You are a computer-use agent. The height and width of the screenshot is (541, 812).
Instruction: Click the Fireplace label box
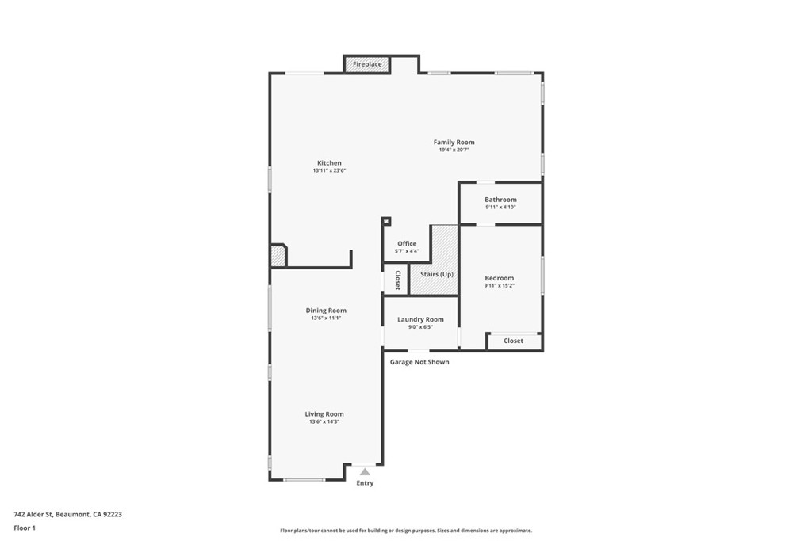pos(367,64)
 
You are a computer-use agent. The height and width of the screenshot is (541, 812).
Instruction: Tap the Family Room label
pos(454,143)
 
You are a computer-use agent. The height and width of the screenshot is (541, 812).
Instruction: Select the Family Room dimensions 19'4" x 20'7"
pos(454,150)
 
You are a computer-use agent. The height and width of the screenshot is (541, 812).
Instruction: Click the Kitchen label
pos(329,163)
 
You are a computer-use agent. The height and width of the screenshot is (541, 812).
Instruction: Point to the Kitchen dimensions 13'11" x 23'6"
pos(329,170)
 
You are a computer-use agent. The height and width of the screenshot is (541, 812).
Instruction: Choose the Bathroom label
pos(500,200)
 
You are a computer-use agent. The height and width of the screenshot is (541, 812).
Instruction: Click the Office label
pos(407,243)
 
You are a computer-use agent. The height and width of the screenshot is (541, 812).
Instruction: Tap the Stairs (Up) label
pos(437,274)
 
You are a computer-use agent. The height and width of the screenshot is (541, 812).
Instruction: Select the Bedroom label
pos(499,278)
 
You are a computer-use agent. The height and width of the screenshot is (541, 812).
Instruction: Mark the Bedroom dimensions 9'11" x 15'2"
pos(499,285)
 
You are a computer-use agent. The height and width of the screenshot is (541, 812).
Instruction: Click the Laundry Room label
pos(420,319)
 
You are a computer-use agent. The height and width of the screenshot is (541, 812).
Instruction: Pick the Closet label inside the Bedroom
pos(513,341)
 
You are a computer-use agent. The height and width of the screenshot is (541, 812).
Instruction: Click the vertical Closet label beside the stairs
pos(397,280)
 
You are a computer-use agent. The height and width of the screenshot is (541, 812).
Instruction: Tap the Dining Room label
pos(326,311)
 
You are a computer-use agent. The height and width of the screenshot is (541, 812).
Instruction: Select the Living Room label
pos(324,414)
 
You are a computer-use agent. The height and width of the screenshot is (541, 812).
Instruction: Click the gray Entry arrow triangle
pos(365,471)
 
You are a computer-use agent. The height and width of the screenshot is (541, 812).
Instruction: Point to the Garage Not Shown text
pos(419,362)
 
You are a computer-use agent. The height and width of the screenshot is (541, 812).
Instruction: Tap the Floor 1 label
pos(25,528)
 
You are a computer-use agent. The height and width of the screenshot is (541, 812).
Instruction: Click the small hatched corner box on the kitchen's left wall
pos(278,256)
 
